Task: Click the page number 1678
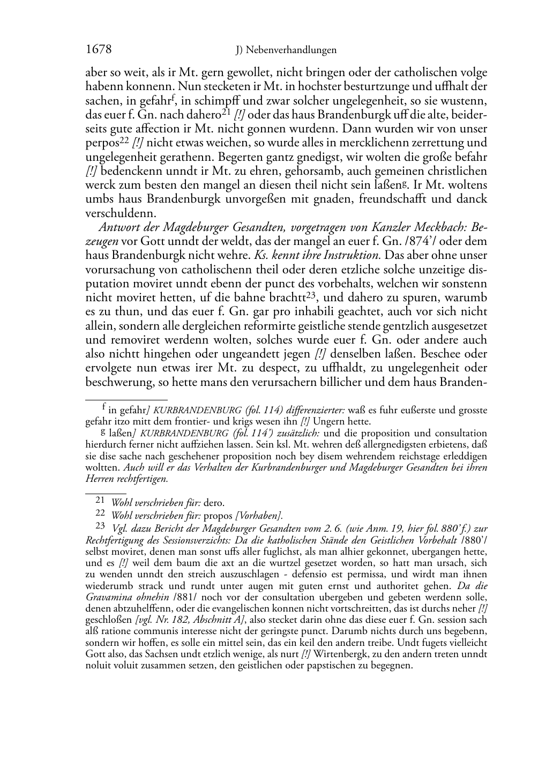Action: coord(99,50)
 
